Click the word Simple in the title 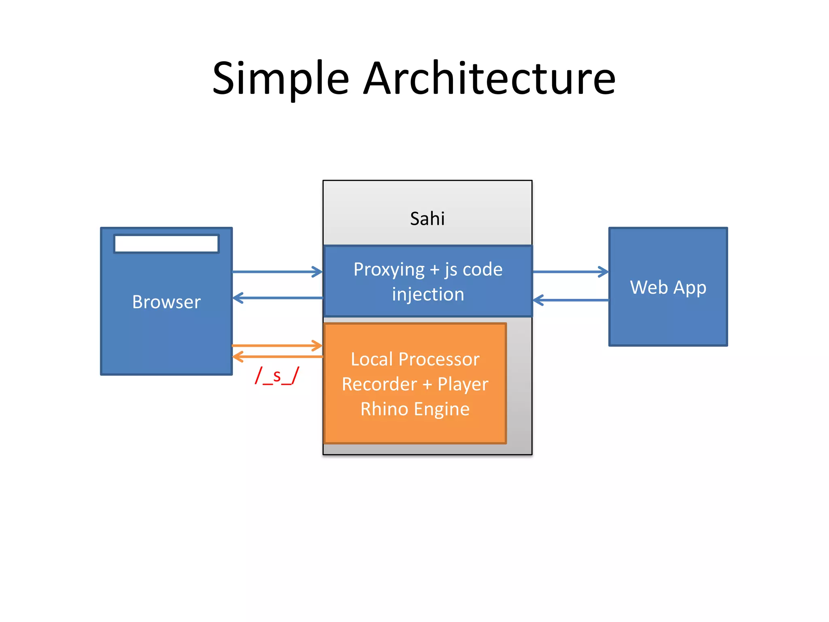[280, 79]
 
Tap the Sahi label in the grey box [427, 219]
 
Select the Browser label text [166, 302]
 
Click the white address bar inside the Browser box [166, 244]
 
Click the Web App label [668, 288]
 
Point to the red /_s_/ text [277, 376]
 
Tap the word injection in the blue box [428, 294]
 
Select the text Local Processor [415, 360]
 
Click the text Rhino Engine [415, 409]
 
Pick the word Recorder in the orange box [379, 384]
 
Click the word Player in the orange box [463, 384]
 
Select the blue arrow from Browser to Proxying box [277, 272]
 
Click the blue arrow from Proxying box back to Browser [277, 298]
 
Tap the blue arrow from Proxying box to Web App [570, 272]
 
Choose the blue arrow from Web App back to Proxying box [570, 300]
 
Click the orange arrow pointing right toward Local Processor [277, 346]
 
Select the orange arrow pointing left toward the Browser [277, 357]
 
